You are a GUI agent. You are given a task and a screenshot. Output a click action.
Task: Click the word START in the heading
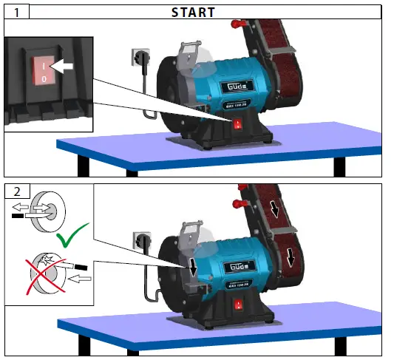click(x=193, y=12)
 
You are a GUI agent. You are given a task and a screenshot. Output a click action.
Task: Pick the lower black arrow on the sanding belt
click(x=291, y=257)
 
